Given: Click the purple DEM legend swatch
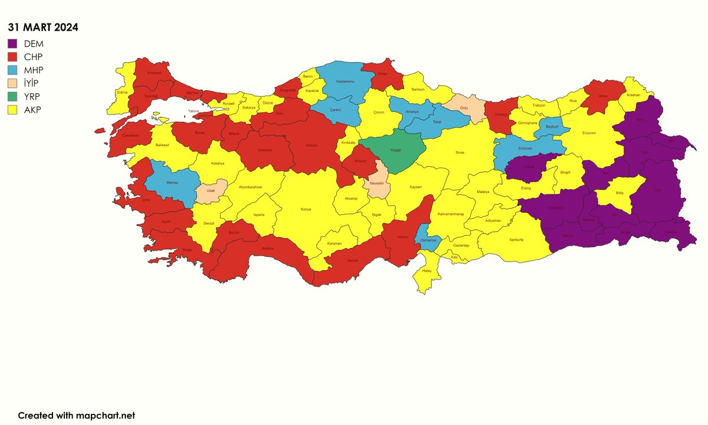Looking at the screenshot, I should point(13,43).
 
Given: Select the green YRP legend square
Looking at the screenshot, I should point(13,96).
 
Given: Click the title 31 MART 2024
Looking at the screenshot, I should point(42,27).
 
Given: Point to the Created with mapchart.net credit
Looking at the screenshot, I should point(77,416).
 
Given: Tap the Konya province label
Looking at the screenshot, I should point(306,209).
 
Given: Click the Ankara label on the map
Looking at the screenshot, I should point(312,145).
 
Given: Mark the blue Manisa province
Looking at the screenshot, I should point(172,183).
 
